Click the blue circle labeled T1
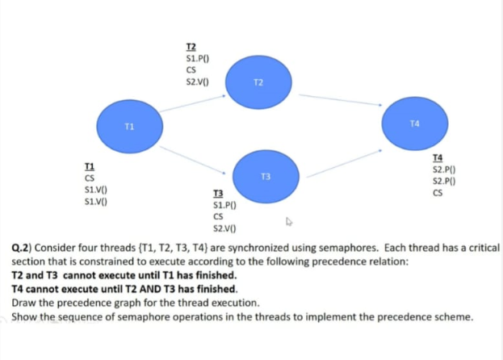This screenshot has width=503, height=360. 129,127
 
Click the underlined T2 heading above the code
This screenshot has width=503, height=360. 191,48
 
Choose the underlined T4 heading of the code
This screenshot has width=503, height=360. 438,158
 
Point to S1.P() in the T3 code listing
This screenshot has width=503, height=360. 224,205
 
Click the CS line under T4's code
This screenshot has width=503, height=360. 438,193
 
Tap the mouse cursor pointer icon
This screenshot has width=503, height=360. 288,220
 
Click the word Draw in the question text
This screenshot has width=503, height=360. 26,303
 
